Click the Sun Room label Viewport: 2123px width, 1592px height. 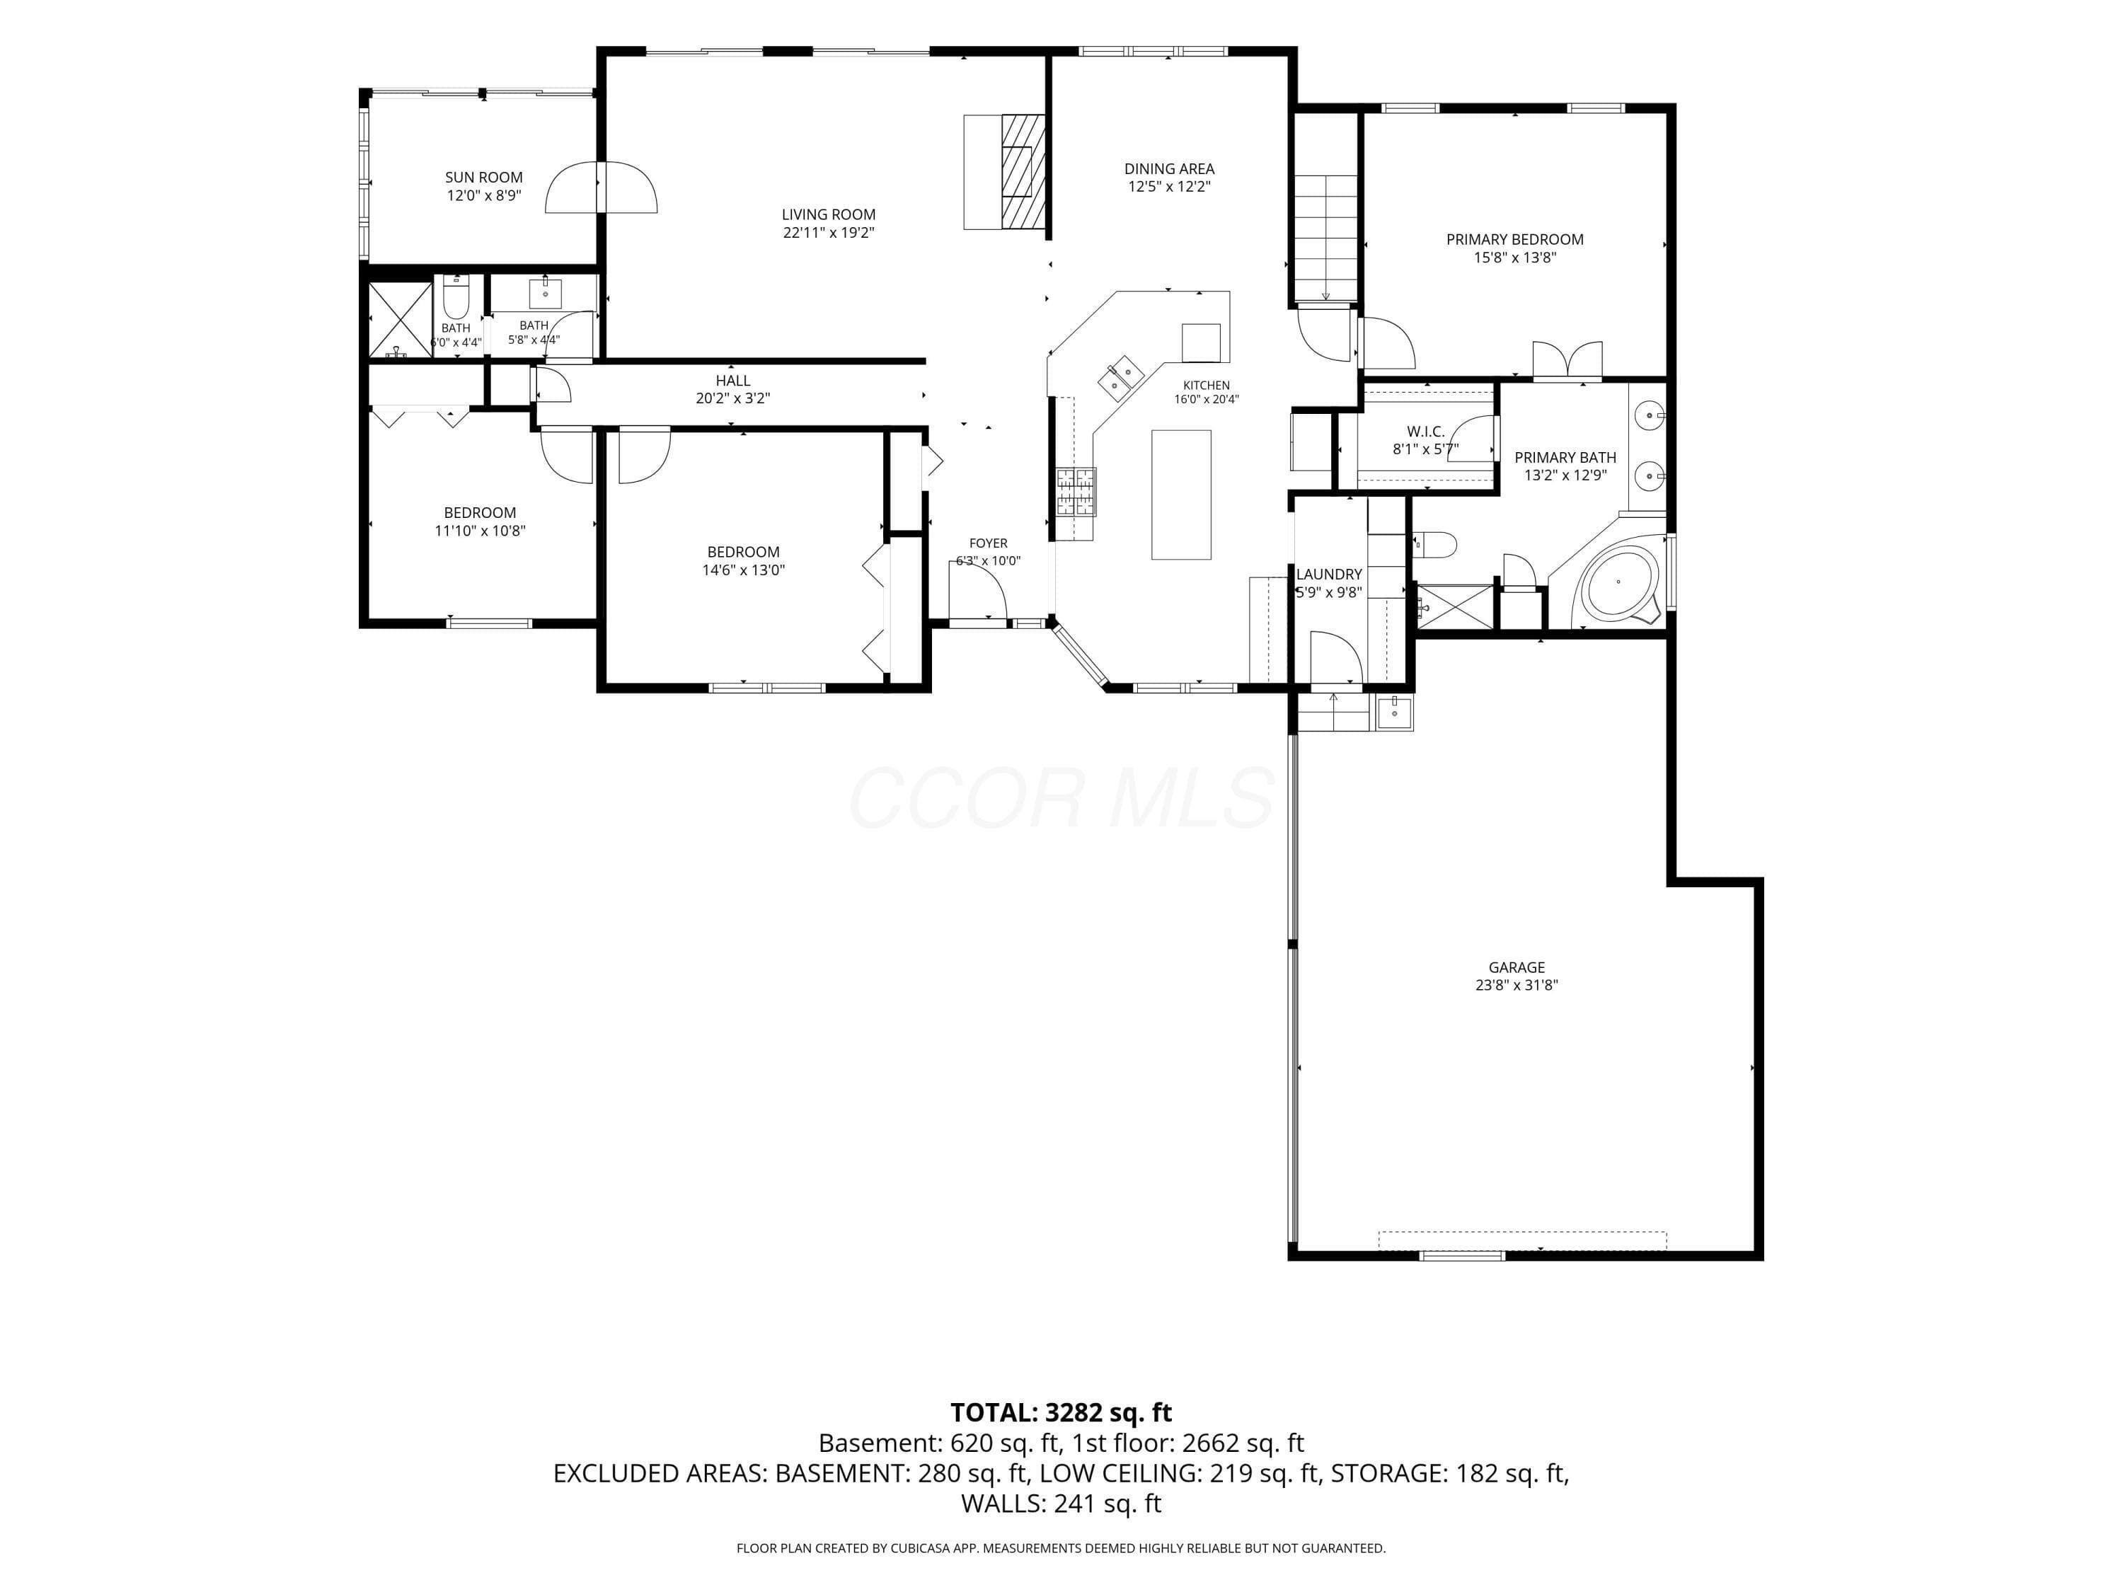click(484, 178)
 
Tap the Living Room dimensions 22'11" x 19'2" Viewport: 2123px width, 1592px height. click(828, 232)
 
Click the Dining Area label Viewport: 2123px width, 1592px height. click(1169, 169)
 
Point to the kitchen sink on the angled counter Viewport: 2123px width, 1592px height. click(1121, 377)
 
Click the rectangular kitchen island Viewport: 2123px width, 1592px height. click(1182, 494)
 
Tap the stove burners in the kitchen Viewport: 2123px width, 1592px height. click(1076, 491)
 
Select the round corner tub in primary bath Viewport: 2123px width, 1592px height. click(1619, 582)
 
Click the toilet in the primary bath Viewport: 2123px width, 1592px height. click(1436, 545)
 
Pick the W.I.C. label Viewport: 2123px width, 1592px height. click(1425, 432)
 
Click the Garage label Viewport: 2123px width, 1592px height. click(1517, 967)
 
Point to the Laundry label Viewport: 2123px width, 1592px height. click(1329, 575)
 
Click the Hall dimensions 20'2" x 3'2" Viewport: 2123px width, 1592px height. click(733, 398)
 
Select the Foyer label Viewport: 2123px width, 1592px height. click(989, 543)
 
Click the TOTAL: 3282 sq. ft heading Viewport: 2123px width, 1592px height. click(1061, 1412)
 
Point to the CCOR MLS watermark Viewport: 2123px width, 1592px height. click(1061, 798)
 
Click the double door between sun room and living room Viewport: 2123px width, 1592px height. click(601, 187)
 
